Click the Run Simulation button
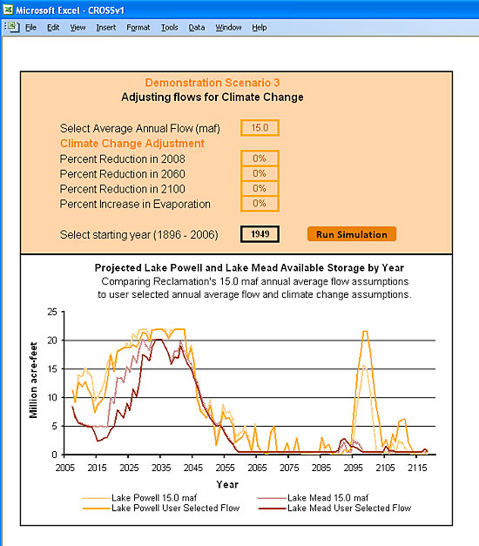pyautogui.click(x=352, y=234)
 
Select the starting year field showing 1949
pyautogui.click(x=260, y=234)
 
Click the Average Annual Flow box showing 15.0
pyautogui.click(x=260, y=128)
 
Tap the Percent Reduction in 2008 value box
pyautogui.click(x=260, y=158)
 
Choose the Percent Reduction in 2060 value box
pyautogui.click(x=260, y=173)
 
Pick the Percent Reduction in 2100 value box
pyautogui.click(x=260, y=188)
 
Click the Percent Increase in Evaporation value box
pyautogui.click(x=260, y=204)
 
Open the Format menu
pyautogui.click(x=138, y=28)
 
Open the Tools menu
pyautogui.click(x=169, y=28)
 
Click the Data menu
pyautogui.click(x=197, y=28)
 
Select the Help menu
pyautogui.click(x=260, y=28)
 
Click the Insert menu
pyautogui.click(x=106, y=28)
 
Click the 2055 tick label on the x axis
pyautogui.click(x=225, y=468)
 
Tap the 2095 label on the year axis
pyautogui.click(x=354, y=468)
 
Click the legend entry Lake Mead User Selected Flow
pyautogui.click(x=334, y=508)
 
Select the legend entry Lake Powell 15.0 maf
pyautogui.click(x=139, y=497)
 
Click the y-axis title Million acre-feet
pyautogui.click(x=33, y=381)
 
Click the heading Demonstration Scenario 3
pyautogui.click(x=213, y=83)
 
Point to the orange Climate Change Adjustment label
pyautogui.click(x=132, y=144)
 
